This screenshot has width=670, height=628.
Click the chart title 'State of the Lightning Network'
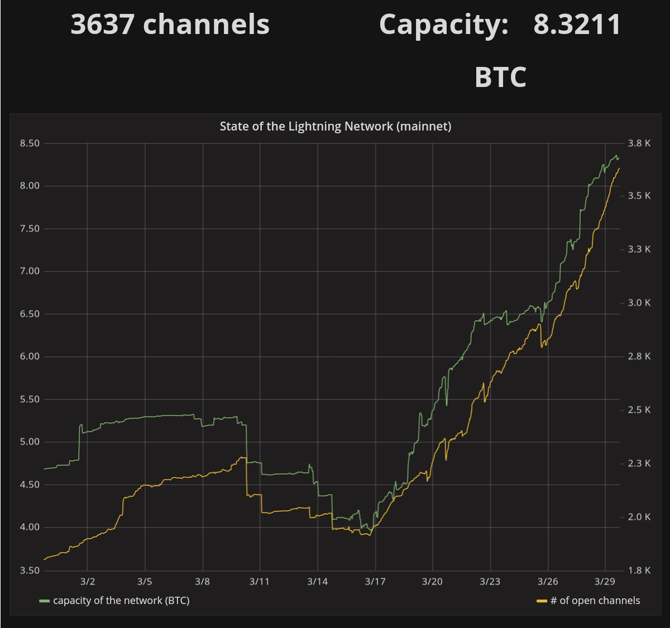(x=335, y=127)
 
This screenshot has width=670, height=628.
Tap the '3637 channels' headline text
(x=170, y=25)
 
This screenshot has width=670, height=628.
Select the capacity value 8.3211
(x=577, y=25)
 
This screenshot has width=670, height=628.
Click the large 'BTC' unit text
(x=500, y=78)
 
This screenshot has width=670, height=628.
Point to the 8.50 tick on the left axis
(x=30, y=143)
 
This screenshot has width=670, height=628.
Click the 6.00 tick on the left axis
(x=30, y=357)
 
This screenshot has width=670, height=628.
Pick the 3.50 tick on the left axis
(x=30, y=571)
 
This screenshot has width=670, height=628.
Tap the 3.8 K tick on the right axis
(x=639, y=143)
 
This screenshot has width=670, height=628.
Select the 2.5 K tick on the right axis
(x=639, y=410)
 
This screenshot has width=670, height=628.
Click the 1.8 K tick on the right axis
(x=639, y=571)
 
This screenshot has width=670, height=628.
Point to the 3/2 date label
(x=88, y=582)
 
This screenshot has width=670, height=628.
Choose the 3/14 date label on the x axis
(x=317, y=582)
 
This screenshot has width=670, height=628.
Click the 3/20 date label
(x=432, y=582)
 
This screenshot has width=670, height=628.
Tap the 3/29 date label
(x=605, y=582)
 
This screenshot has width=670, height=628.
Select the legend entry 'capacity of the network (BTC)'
(x=121, y=601)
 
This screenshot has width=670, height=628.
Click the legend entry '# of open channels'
(x=595, y=601)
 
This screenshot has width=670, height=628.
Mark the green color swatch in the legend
(x=45, y=601)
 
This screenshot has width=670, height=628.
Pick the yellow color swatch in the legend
(x=542, y=601)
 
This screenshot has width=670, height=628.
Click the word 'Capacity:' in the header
(x=444, y=25)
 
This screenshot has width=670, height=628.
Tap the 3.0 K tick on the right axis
(x=639, y=303)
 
